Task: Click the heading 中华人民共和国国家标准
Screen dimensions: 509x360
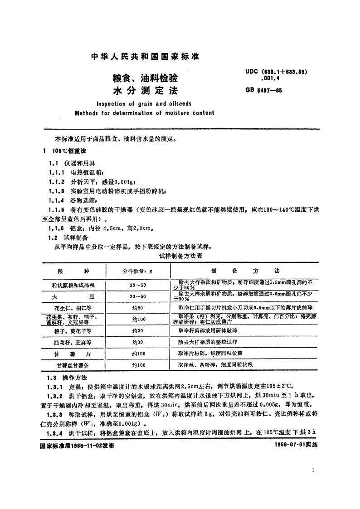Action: pyautogui.click(x=145, y=57)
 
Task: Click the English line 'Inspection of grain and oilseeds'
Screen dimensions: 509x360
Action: pyautogui.click(x=144, y=104)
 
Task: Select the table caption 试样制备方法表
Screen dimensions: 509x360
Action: pyautogui.click(x=180, y=256)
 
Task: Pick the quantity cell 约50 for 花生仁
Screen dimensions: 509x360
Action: pyautogui.click(x=138, y=308)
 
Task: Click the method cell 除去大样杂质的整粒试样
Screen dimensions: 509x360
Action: pyautogui.click(x=208, y=342)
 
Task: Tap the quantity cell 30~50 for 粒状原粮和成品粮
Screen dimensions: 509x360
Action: pyautogui.click(x=138, y=285)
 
